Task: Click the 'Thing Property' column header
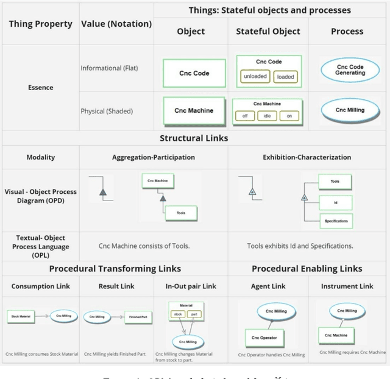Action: click(x=40, y=24)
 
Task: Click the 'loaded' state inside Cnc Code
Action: click(x=285, y=77)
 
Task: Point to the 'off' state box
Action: click(x=245, y=116)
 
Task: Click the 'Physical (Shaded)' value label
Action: click(x=107, y=111)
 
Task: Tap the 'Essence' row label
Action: click(x=40, y=88)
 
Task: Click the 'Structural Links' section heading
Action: click(x=194, y=138)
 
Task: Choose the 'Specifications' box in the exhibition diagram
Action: click(x=336, y=221)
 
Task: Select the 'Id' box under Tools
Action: click(x=336, y=201)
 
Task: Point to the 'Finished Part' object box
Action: click(x=138, y=317)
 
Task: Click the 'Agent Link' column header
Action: click(x=268, y=286)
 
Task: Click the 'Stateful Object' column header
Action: click(x=268, y=31)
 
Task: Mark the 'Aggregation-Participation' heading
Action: click(x=154, y=157)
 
